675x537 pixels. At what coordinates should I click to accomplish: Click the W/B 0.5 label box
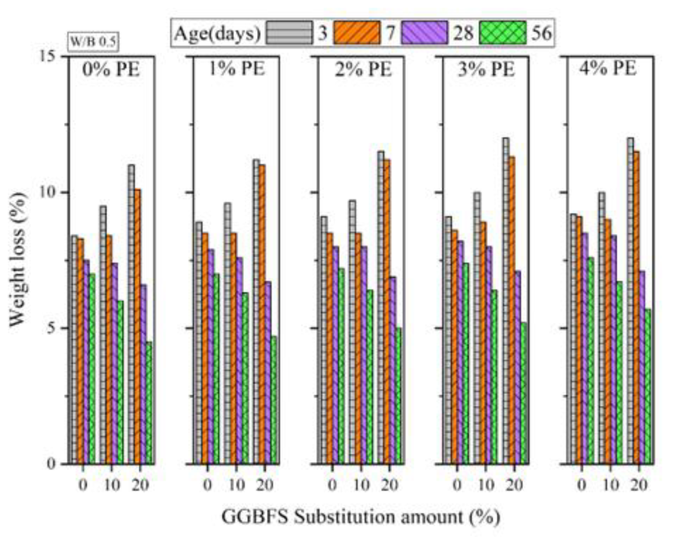pos(92,42)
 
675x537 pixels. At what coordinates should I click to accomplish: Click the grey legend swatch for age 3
pos(289,33)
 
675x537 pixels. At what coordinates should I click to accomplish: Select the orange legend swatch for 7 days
pos(357,33)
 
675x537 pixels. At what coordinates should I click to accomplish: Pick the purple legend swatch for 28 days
pos(424,33)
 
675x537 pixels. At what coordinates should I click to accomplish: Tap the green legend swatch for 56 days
pos(502,33)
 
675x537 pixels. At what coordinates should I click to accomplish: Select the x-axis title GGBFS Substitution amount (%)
pos(360,517)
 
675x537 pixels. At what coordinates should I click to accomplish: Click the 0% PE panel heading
pos(111,69)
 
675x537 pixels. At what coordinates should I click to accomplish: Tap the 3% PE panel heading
pos(486,69)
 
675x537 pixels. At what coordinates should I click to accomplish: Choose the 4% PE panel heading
pos(608,68)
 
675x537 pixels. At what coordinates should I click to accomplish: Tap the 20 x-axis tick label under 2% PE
pos(389,485)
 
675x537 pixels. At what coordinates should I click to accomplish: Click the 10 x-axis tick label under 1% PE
pos(236,485)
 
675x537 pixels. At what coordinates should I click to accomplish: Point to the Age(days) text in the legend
pos(217,34)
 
